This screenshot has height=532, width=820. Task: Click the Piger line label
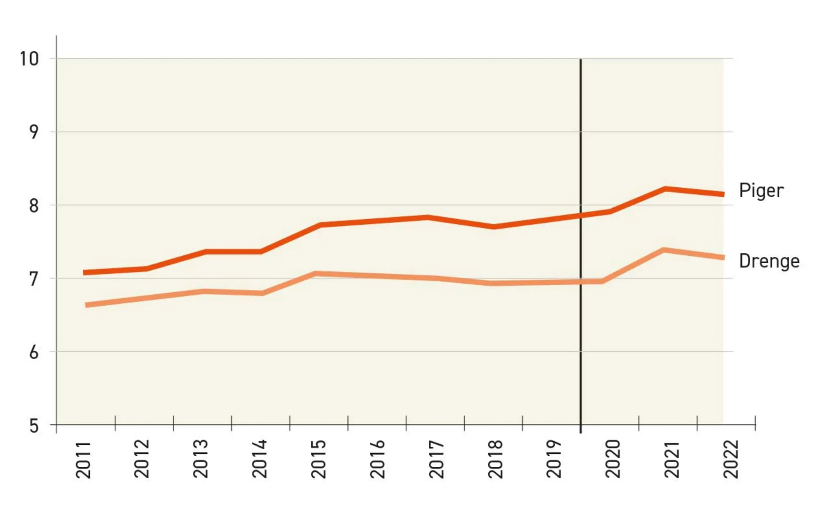tap(761, 191)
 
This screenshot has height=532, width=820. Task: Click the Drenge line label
tap(769, 261)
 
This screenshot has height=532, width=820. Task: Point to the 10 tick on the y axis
tap(30, 59)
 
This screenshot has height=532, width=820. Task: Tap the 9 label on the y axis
tap(34, 132)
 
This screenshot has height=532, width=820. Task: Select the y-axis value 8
tap(34, 205)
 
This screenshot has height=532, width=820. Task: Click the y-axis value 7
tap(34, 279)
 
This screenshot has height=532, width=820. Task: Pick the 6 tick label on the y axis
tap(34, 352)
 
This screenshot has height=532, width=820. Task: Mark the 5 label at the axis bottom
tap(34, 426)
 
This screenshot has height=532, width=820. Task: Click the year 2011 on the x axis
tap(83, 459)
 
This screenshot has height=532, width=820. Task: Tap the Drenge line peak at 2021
tap(663, 250)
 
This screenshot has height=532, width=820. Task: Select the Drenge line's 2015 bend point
tap(316, 274)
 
